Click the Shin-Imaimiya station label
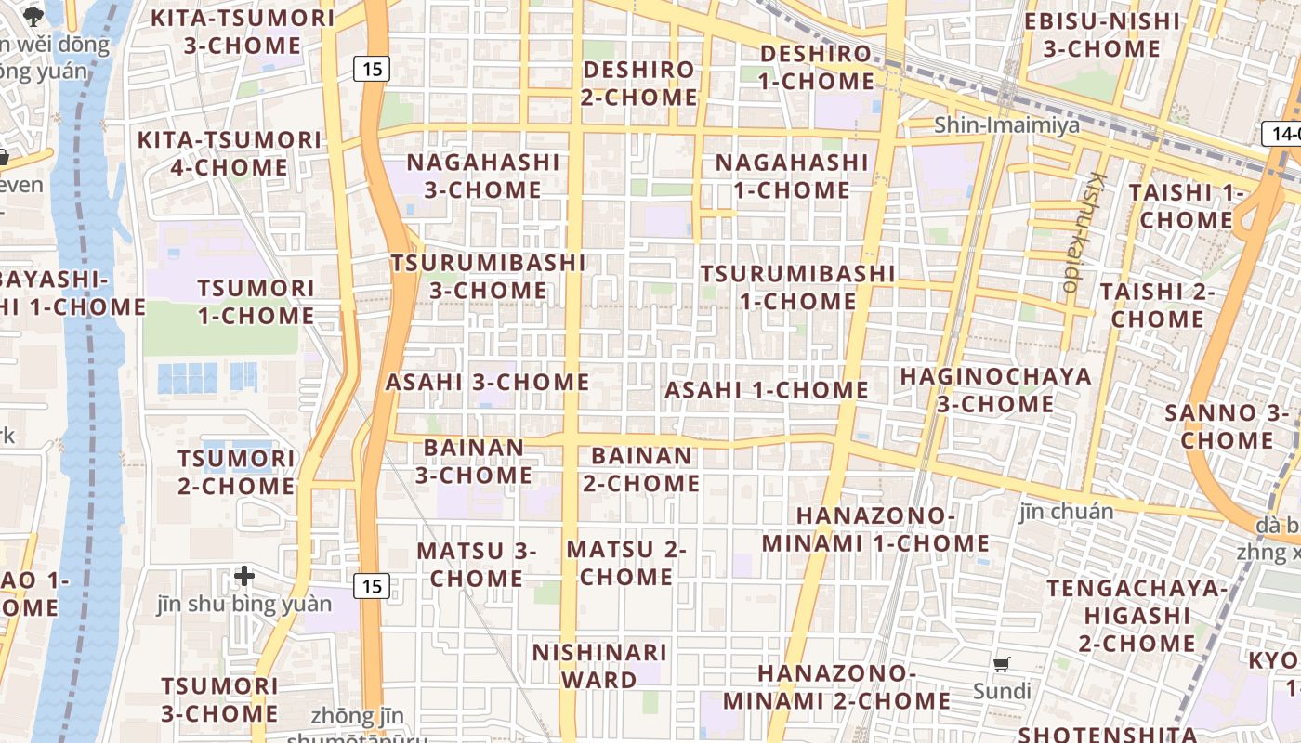[x=1006, y=124]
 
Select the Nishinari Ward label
[x=598, y=666]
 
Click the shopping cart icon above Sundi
[x=1001, y=664]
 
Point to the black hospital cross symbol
[x=244, y=577]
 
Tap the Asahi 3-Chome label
[x=487, y=382]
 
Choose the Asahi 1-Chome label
[x=766, y=390]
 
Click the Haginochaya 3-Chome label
[x=995, y=390]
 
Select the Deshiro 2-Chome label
[x=639, y=83]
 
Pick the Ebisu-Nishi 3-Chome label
[x=1101, y=34]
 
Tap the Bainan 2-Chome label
[x=641, y=469]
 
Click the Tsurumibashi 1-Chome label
[x=797, y=287]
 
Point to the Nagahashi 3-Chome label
[x=483, y=176]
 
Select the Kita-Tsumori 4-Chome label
[x=230, y=153]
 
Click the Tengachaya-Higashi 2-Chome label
[x=1137, y=615]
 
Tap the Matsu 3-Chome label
[x=476, y=564]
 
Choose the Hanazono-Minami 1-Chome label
[x=875, y=528]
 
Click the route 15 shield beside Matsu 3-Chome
[x=372, y=586]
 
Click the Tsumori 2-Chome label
[x=236, y=472]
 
